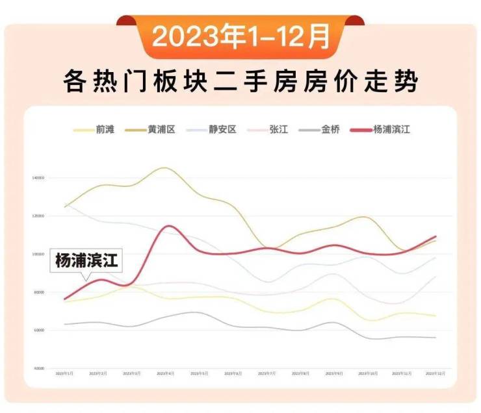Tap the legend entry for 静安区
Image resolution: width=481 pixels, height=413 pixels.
[214, 130]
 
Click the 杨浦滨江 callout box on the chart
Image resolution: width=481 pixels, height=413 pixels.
[86, 261]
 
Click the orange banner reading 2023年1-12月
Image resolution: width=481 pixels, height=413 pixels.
[240, 38]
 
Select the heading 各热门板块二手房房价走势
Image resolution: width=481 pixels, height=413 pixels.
[240, 83]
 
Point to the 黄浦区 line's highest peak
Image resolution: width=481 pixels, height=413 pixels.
[164, 168]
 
